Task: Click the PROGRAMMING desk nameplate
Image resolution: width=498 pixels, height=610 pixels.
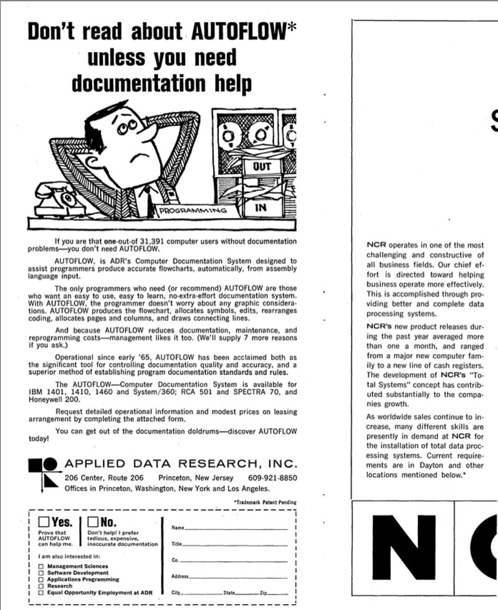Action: coord(193,211)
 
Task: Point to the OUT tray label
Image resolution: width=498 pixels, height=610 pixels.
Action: coord(261,166)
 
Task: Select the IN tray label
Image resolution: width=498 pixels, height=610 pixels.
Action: coord(261,207)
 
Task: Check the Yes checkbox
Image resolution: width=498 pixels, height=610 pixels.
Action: coord(44,522)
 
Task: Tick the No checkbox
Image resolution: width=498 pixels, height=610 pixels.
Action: coord(93,522)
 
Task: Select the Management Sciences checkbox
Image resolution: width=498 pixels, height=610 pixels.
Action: coord(41,566)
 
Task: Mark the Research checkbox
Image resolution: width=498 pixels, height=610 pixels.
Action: coord(41,586)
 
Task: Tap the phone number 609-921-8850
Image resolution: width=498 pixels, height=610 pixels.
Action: coord(273,478)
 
